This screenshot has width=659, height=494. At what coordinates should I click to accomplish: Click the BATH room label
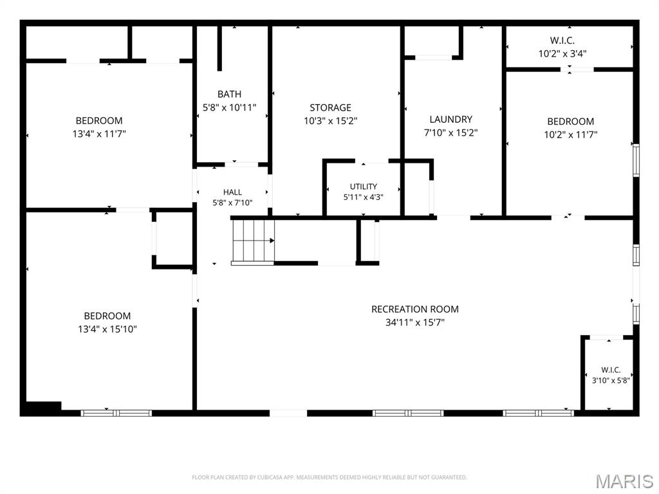pos(230,94)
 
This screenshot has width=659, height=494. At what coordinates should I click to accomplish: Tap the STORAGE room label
pos(330,107)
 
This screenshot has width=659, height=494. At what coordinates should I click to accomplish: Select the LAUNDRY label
pos(451,119)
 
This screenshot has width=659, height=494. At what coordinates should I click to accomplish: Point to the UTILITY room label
pos(364,187)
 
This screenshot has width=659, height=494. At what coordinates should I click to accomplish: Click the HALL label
pos(232,192)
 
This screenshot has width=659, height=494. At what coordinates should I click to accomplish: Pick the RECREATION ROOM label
pos(415,309)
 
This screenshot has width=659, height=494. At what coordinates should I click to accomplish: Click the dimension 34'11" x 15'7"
pos(415,323)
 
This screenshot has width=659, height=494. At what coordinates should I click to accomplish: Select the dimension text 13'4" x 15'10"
pos(107,329)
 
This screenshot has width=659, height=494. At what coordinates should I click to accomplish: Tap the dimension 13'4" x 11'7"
pos(99,134)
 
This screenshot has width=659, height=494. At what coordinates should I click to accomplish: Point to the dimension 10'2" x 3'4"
pos(562,54)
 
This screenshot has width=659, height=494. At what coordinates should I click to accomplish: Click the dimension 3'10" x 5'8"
pos(611,381)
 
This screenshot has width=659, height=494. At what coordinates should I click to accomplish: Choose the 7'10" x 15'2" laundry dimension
pos(451,133)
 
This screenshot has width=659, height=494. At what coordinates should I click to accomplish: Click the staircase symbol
pos(254,242)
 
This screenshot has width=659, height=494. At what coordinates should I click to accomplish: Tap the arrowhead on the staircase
pos(272,241)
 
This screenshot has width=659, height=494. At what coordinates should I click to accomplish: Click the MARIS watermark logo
pos(625,481)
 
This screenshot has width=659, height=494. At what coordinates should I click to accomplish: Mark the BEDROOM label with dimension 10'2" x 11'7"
pos(570,122)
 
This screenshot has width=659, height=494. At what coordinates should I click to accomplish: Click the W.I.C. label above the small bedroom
pos(562,41)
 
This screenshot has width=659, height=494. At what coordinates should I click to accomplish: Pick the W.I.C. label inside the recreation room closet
pos(611,370)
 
